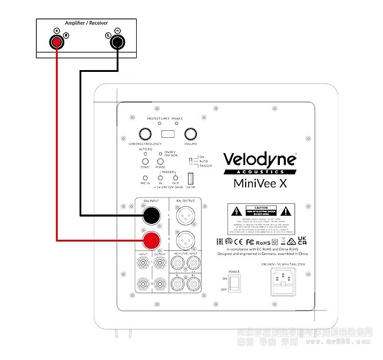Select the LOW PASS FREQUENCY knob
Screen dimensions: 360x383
[145, 133]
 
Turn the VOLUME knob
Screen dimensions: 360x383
[190, 133]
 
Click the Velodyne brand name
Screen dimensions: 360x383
[259, 159]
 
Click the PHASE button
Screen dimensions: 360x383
[160, 159]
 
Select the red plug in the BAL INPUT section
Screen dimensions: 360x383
[152, 240]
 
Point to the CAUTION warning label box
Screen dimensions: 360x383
[260, 217]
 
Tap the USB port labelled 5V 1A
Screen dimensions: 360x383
[190, 178]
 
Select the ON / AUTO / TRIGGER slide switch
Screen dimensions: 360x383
[190, 161]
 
